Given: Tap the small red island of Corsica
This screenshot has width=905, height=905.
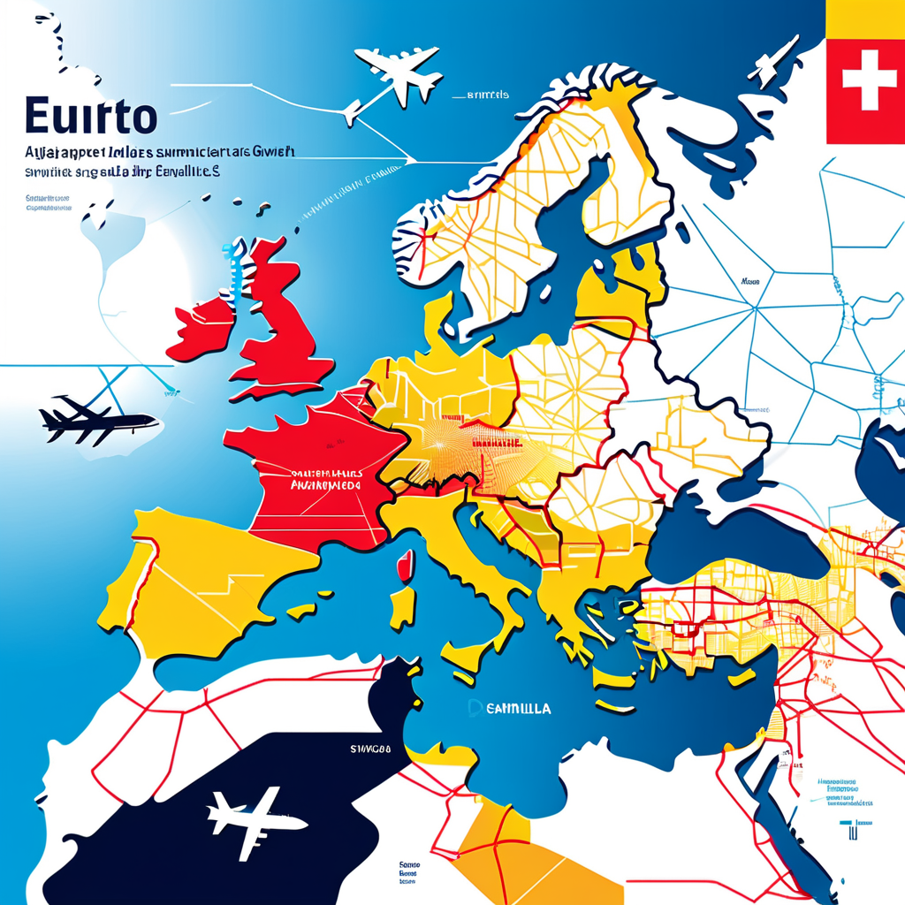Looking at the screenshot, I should [406, 567].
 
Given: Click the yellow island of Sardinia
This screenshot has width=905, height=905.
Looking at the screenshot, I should [402, 610].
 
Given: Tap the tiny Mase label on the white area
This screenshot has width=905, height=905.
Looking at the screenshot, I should [749, 283].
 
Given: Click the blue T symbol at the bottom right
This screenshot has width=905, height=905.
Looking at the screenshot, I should [849, 830].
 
